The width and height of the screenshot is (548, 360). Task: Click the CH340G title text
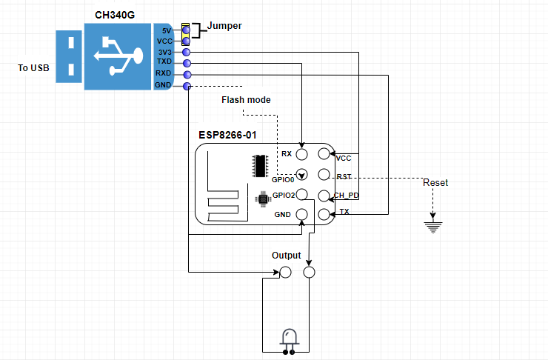tap(115, 15)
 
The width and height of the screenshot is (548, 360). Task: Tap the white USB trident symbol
tap(118, 56)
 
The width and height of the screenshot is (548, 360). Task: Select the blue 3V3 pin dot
tap(187, 53)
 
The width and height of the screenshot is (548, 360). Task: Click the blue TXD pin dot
tap(187, 63)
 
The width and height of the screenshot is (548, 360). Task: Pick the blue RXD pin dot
tap(187, 75)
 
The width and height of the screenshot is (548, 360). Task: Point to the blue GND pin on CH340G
tap(187, 86)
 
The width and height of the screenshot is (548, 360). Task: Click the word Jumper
tap(224, 26)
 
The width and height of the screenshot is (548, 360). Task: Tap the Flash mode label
tap(246, 100)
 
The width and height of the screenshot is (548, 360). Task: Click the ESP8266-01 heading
tap(227, 136)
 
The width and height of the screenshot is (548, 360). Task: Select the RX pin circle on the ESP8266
tap(301, 154)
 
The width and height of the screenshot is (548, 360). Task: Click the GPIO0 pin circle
tap(301, 174)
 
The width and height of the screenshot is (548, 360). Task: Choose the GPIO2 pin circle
tap(301, 194)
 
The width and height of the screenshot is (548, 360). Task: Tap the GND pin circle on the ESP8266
tap(301, 214)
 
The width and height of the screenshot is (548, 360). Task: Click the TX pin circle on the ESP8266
tap(324, 214)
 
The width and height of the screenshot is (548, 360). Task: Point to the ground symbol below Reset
tap(433, 227)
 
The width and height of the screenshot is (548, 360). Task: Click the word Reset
tap(435, 183)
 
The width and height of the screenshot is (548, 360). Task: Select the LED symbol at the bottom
tap(289, 341)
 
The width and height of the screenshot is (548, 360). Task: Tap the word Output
tap(287, 256)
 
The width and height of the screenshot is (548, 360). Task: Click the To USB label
tap(33, 68)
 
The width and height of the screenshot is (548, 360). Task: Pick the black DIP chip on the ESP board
tap(260, 166)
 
